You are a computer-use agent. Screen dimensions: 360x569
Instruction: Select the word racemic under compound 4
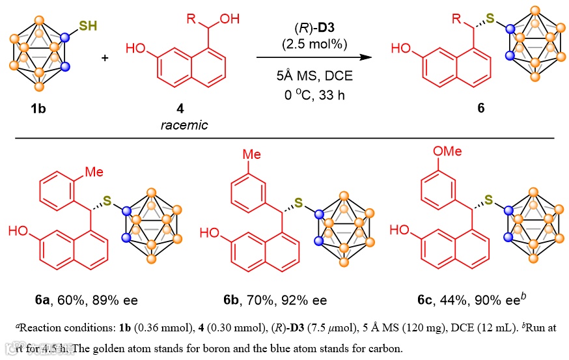[184, 124]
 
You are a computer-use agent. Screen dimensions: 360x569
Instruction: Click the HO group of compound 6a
[18, 230]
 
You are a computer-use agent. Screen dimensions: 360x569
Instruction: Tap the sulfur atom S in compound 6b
[298, 203]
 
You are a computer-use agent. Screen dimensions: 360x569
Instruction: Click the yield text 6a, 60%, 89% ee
[86, 300]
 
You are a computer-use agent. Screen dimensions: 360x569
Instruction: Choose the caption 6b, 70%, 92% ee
[276, 300]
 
